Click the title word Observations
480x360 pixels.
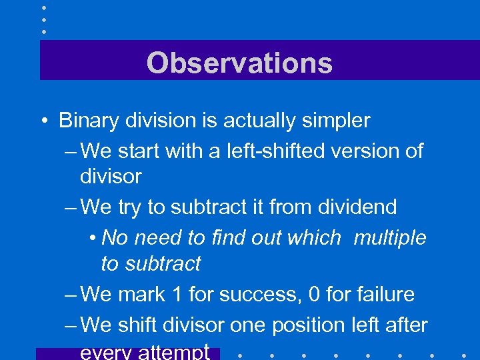(x=239, y=63)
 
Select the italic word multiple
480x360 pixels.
(x=390, y=238)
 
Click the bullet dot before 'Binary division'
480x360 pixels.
(x=43, y=121)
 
